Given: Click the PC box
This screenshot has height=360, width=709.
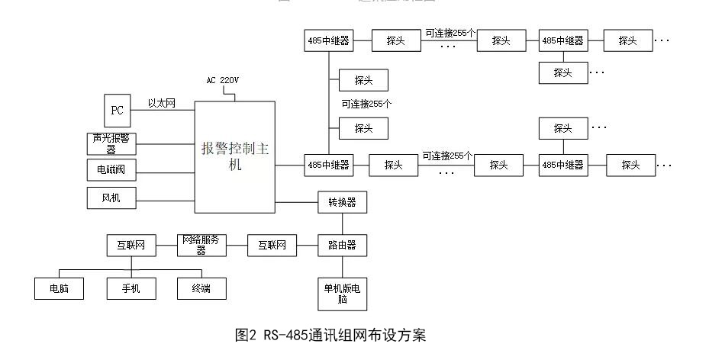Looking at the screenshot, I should [x=117, y=110].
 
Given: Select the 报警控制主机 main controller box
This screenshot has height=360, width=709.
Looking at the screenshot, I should [x=234, y=156].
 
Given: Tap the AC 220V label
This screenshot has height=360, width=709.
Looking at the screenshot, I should [x=223, y=80].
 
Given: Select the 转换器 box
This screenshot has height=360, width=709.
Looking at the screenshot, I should [x=342, y=202].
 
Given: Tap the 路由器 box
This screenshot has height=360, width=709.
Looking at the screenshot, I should [x=342, y=246].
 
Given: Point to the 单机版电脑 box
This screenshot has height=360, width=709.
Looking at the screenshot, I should [x=342, y=293].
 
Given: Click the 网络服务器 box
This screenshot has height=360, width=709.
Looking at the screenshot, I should [x=201, y=245].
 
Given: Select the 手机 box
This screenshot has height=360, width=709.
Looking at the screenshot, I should [x=131, y=288].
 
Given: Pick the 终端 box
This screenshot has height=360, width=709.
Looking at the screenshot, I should [x=201, y=288].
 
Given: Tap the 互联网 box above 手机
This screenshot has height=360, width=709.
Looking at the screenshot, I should [x=131, y=246].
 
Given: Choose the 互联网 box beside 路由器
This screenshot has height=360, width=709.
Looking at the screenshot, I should [x=272, y=246].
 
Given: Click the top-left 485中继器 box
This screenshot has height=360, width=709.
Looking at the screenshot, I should [x=328, y=41].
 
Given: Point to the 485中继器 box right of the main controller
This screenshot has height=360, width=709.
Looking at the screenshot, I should [x=328, y=164].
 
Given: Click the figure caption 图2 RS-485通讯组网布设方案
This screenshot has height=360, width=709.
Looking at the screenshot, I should [x=330, y=335].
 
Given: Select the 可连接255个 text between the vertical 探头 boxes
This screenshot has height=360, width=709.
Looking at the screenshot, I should [x=366, y=104].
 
